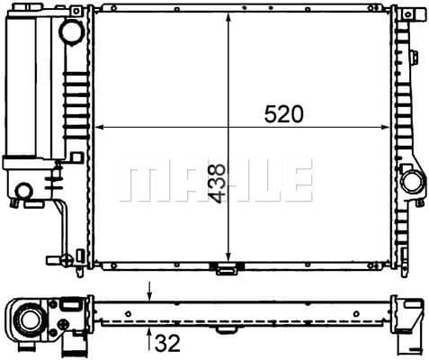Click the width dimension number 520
[x=283, y=113]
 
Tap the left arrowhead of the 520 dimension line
[x=99, y=125]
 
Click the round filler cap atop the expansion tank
[x=69, y=31]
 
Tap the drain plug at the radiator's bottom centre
[x=223, y=267]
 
